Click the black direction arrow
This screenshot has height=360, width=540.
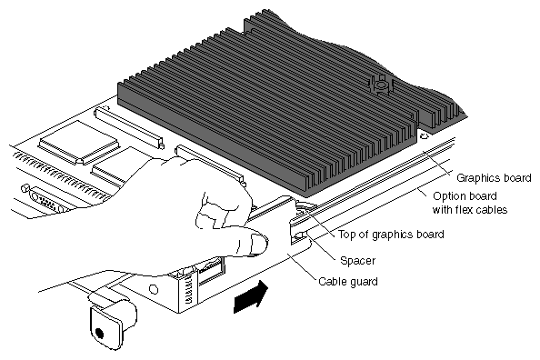(250, 296)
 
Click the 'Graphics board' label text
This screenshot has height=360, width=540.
(494, 178)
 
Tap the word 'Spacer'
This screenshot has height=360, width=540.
(357, 260)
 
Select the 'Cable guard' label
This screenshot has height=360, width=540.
(348, 282)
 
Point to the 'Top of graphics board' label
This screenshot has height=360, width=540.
(391, 235)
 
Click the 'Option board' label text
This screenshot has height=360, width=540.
(465, 196)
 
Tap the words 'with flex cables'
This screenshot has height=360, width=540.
(470, 209)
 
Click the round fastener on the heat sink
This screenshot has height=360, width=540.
(380, 85)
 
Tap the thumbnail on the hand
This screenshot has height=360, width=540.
(258, 244)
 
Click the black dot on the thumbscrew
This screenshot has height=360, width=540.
(99, 333)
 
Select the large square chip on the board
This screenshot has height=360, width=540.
(78, 141)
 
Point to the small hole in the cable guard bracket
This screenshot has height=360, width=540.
(154, 289)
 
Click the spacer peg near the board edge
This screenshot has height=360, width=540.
(300, 236)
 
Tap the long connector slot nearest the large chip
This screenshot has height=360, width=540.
(129, 127)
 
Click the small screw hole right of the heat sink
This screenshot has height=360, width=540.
(425, 136)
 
